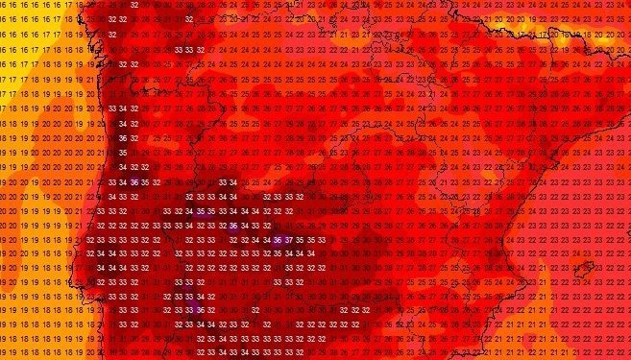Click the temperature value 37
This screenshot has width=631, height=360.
[x=289, y=239]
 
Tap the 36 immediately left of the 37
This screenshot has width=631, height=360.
[x=278, y=239]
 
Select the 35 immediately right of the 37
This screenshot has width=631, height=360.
[x=301, y=239]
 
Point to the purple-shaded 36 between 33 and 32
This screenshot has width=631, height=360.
[x=232, y=226]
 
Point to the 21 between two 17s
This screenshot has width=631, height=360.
[x=90, y=6]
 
